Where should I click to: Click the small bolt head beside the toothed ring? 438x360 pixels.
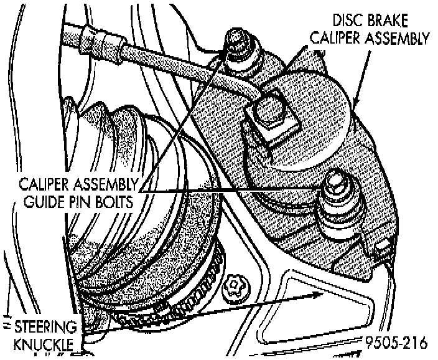(235, 286)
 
